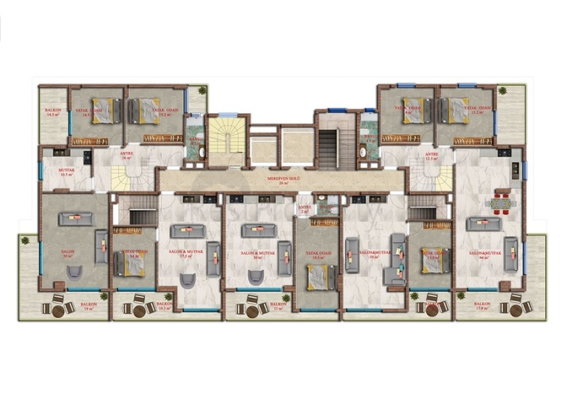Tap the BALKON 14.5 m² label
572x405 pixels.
pos(52,112)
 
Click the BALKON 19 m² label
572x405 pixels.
pos(88,307)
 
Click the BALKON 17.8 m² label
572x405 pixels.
pos(483,306)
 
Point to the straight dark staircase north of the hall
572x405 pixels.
pos(327,143)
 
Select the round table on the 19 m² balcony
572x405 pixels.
pos(58,310)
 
